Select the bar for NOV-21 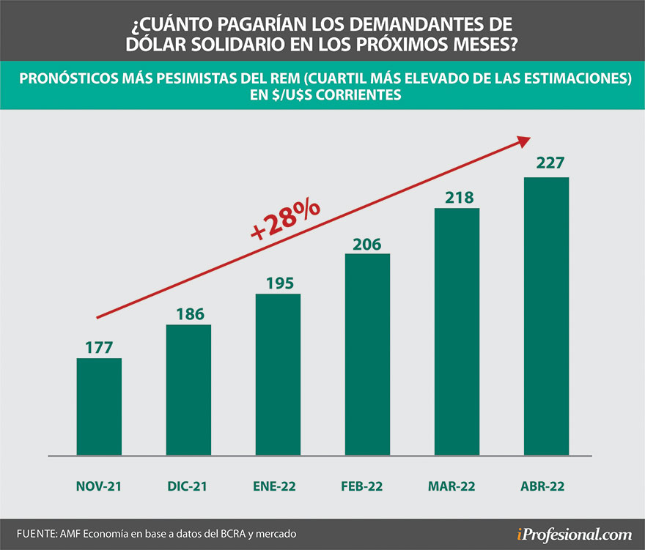point(99,406)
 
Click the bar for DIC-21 point(188,390)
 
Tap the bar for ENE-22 point(278,374)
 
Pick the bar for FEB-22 point(367,354)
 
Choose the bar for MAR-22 point(457,332)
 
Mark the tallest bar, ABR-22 point(546,316)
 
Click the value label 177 point(99,346)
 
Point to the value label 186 point(188,313)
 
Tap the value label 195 point(278,282)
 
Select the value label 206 point(367,243)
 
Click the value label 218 point(457,197)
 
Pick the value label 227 point(546,163)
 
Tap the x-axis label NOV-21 point(99,486)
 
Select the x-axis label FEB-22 point(367,486)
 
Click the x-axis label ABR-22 point(546,486)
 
